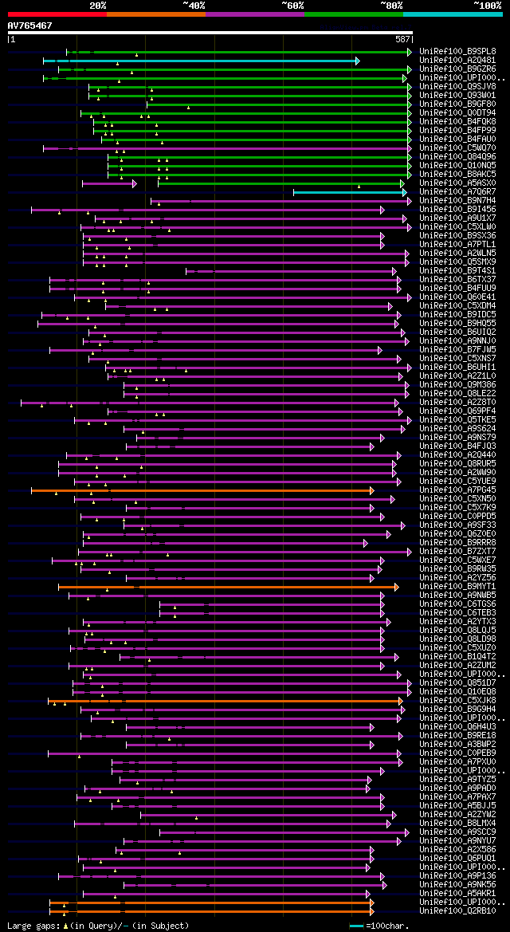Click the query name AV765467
tap(29, 26)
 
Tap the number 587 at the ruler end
tap(402, 39)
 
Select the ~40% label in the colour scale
tap(194, 5)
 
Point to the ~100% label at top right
tap(486, 5)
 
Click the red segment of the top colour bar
tap(57, 14)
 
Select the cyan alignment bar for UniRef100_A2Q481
tap(199, 61)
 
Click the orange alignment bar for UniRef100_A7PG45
tap(199, 490)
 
